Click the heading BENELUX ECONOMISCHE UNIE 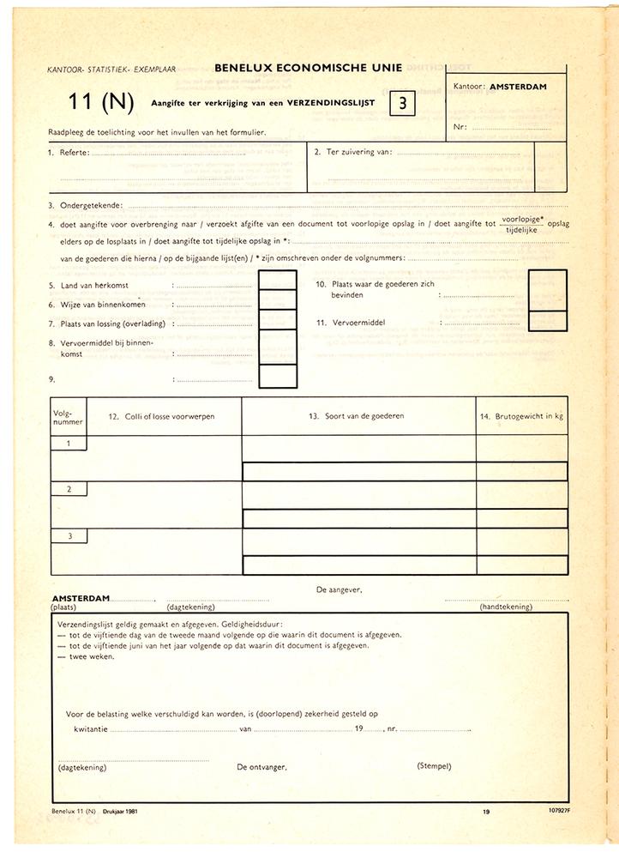click(x=308, y=67)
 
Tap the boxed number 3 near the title click(x=403, y=103)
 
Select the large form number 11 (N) click(x=102, y=102)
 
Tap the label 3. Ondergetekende click(x=85, y=206)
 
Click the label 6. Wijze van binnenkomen click(x=96, y=304)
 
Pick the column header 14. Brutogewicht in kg click(x=521, y=416)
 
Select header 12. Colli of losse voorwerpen click(x=161, y=416)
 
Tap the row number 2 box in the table click(x=68, y=489)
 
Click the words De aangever click(x=340, y=589)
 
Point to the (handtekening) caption click(x=506, y=607)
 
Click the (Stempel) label click(x=434, y=765)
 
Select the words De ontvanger click(x=261, y=767)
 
